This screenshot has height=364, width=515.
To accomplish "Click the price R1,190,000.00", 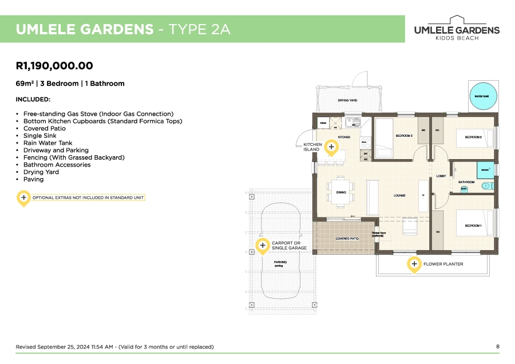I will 54,66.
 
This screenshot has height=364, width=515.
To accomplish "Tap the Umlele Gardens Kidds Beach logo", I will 456,28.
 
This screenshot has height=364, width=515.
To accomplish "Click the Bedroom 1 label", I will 473,226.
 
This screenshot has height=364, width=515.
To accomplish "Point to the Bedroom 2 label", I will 473,137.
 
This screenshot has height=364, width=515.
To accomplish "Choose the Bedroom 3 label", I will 404,136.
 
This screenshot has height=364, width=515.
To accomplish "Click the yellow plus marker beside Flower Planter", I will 414,264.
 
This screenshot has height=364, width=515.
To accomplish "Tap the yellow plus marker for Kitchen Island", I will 331,147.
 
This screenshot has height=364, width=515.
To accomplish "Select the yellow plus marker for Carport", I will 262,246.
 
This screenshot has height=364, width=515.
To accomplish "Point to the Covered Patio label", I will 347,238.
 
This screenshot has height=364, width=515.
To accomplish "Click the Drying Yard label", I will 347,101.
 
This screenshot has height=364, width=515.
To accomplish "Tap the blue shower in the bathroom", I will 485,170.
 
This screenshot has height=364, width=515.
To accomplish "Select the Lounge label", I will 399,196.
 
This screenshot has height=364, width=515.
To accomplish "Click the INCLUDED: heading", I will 33,100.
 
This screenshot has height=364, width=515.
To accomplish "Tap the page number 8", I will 497,347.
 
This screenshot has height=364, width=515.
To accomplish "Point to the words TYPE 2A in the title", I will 197,30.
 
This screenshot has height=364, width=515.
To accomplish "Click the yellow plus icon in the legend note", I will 23,197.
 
